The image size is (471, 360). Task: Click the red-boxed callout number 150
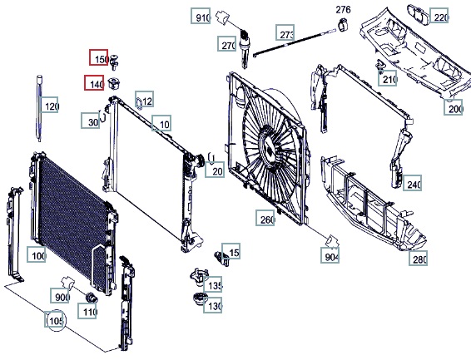point(98,57)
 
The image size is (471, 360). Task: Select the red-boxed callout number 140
point(94,82)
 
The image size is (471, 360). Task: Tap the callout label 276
point(343,10)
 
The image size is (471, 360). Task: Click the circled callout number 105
point(56,320)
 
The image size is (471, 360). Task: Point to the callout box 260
point(265,218)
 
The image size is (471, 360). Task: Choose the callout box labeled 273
point(285,32)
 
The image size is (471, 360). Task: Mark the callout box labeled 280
point(418,258)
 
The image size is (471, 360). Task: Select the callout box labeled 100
point(37,254)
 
